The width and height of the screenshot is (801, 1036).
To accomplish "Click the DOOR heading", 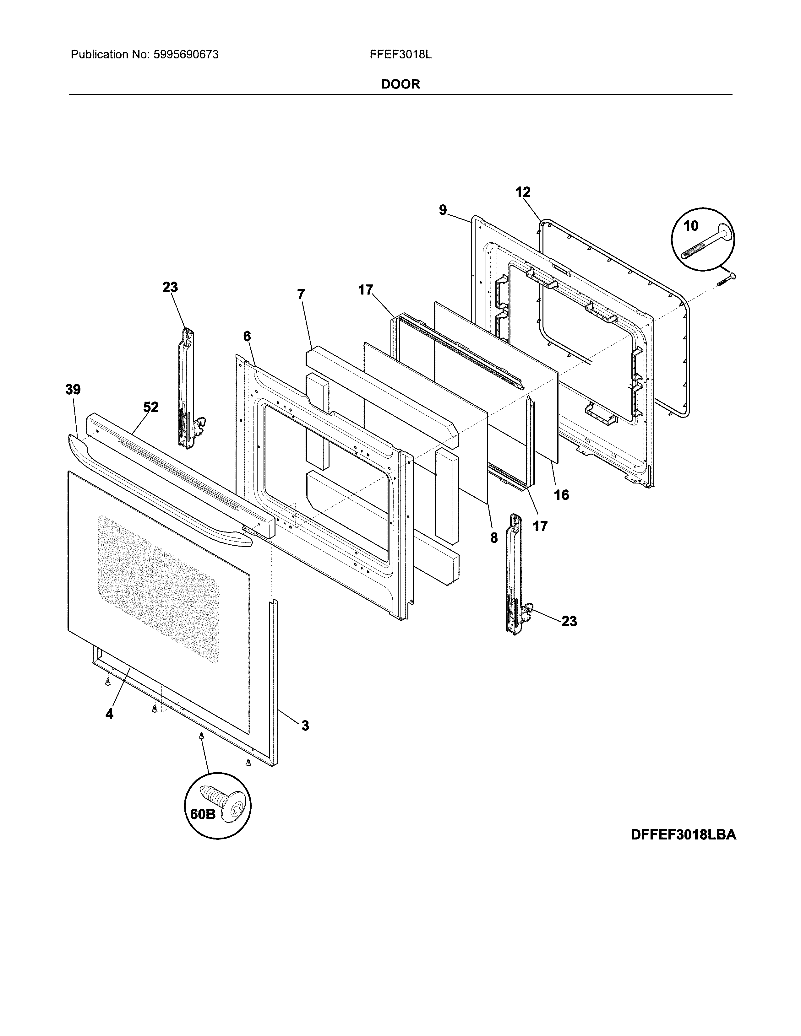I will pyautogui.click(x=401, y=84).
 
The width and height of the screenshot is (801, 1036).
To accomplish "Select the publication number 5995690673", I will pyautogui.click(x=186, y=55).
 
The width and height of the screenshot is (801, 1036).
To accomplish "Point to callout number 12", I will pyautogui.click(x=523, y=192).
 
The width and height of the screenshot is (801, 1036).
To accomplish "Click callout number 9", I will pyautogui.click(x=443, y=210).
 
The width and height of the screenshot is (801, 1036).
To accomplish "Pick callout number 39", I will pyautogui.click(x=73, y=390).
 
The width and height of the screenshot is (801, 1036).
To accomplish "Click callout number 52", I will pyautogui.click(x=151, y=407).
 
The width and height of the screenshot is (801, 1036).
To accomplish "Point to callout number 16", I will pyautogui.click(x=561, y=495).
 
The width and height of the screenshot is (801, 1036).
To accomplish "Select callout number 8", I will pyautogui.click(x=494, y=537).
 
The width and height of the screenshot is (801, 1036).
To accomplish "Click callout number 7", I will pyautogui.click(x=301, y=294).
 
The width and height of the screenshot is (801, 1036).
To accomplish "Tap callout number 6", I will pyautogui.click(x=247, y=336).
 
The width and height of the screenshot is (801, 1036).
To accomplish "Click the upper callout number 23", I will pyautogui.click(x=170, y=288).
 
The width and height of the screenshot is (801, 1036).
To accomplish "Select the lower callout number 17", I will pyautogui.click(x=540, y=526).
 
